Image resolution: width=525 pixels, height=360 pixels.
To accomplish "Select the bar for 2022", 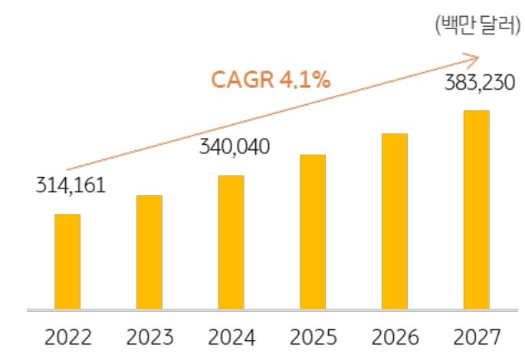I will coord(67,261).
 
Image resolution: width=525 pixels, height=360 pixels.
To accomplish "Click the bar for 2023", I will coord(149,252).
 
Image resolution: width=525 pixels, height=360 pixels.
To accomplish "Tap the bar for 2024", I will coord(231,242).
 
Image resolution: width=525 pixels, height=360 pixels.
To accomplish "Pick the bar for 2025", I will coord(313,232).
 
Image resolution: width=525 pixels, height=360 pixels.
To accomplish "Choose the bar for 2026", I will coord(395,221).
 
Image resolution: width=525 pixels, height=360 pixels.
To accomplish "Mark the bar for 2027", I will coord(477,210).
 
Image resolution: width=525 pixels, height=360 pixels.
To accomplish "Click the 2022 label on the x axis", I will coord(68,337).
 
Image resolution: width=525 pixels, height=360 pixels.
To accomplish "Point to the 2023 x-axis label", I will coord(150,337).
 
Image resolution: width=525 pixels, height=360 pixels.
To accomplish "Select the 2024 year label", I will coord(231,337).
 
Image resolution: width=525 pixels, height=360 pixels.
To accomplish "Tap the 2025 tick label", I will coord(313,337).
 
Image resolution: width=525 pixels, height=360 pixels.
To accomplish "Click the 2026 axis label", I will coord(395,337).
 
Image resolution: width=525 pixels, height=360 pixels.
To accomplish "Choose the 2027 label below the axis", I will coord(477,337).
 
